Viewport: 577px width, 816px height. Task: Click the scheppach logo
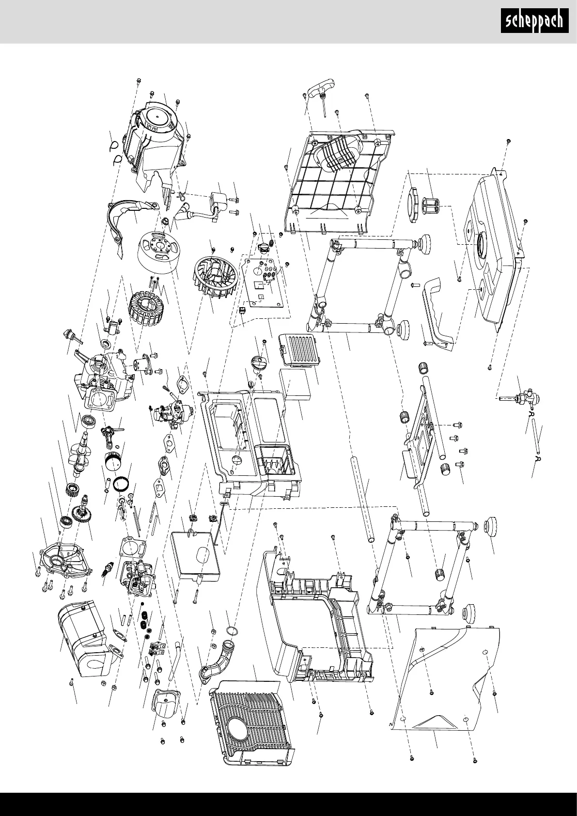(x=534, y=21)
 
